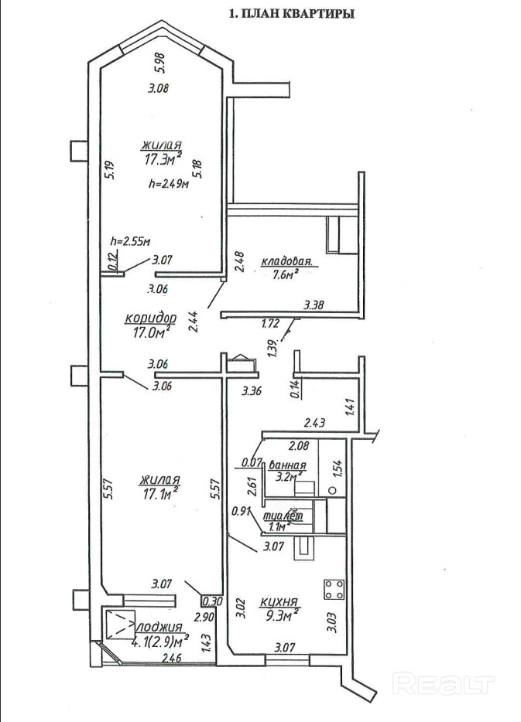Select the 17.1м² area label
coord(159,494)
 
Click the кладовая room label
coord(286,263)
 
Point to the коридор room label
coord(151,318)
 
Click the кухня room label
coord(279,601)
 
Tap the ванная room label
coord(287,464)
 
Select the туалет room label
coord(283,516)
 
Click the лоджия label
coord(159,627)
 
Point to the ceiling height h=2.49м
coord(170,184)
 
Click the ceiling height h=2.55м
coord(131,241)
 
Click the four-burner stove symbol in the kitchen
coord(334,589)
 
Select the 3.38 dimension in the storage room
coord(314,305)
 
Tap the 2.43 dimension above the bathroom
coord(315,422)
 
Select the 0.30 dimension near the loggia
coord(212,601)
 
